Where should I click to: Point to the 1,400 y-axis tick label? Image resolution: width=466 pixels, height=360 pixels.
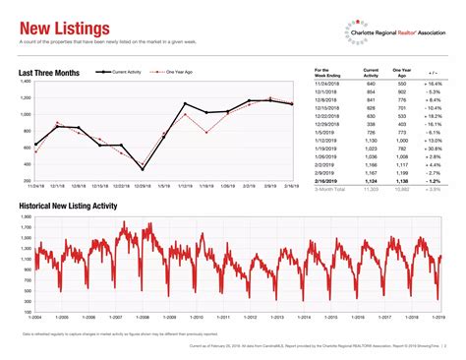coord(26,82)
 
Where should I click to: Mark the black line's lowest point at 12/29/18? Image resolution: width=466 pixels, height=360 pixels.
coord(143,169)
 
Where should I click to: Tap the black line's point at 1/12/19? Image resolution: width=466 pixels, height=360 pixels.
coord(186,103)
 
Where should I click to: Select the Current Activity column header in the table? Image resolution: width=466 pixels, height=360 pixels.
coord(371,73)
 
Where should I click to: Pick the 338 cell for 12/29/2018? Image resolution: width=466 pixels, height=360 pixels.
coord(371,125)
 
